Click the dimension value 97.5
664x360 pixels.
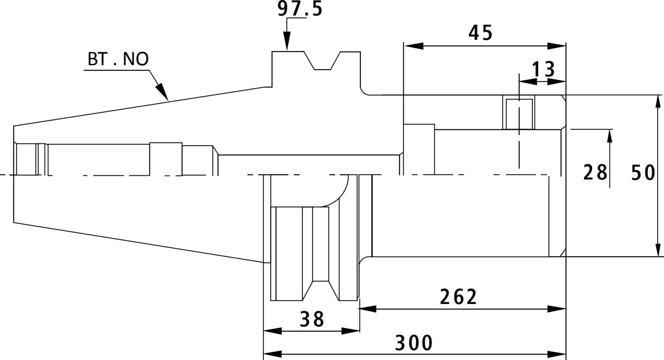(x=300, y=9)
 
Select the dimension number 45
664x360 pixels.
(x=481, y=33)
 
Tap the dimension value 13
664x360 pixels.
(x=544, y=70)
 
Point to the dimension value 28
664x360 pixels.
(x=595, y=173)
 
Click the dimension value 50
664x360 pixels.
(x=643, y=173)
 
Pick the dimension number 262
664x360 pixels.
(x=458, y=297)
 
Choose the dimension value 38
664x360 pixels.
(x=312, y=319)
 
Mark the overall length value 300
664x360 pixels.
(x=414, y=343)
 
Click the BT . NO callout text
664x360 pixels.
(x=118, y=59)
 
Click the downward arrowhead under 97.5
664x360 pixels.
(x=287, y=41)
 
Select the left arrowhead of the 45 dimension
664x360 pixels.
(x=413, y=46)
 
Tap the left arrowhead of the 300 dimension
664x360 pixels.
(x=273, y=354)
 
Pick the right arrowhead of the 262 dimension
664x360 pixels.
(x=557, y=309)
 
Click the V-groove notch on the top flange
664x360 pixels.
(x=322, y=61)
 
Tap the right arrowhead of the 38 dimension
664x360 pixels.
(x=350, y=331)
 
